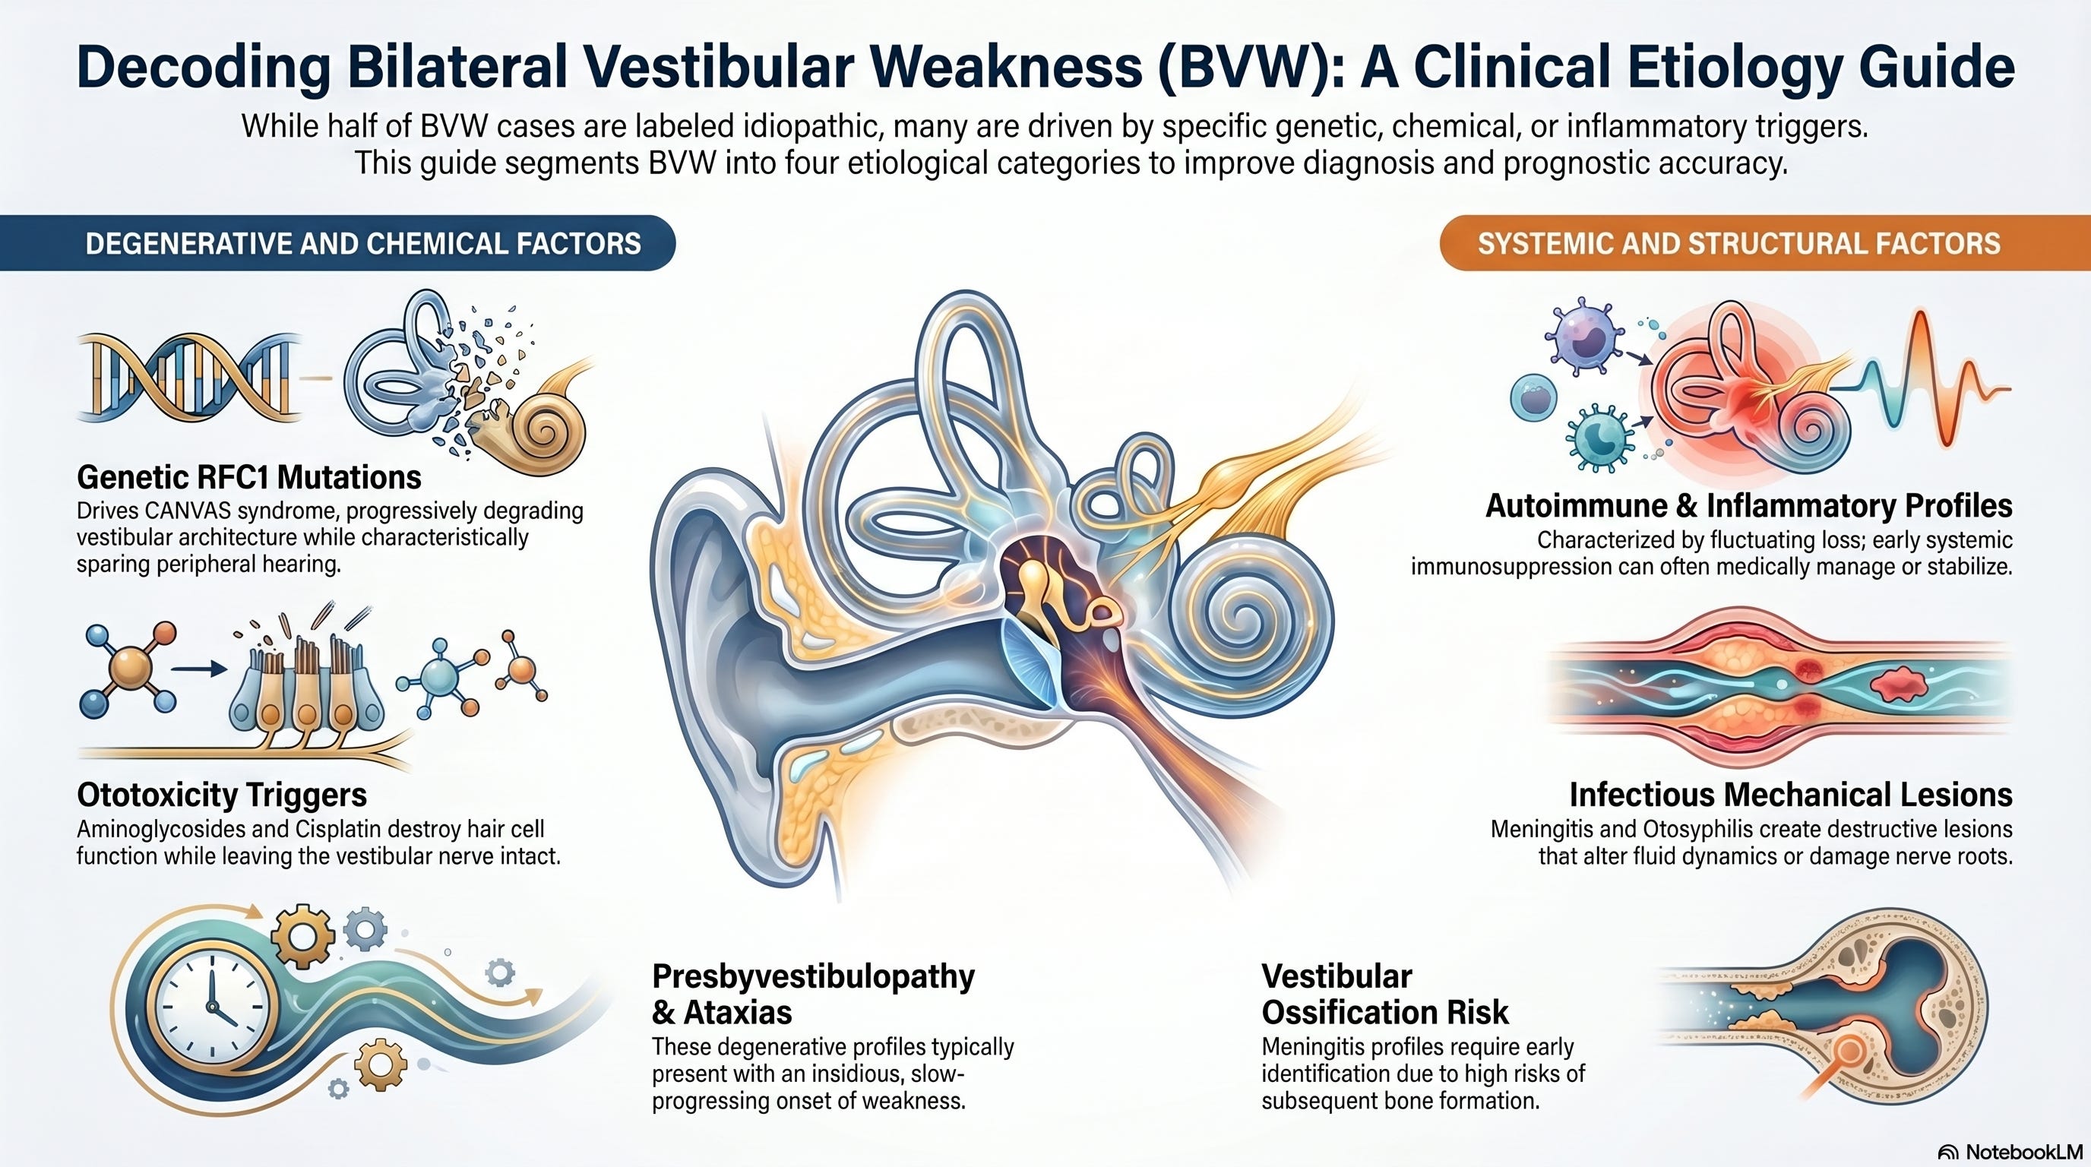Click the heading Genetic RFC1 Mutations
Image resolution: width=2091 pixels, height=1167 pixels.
click(x=249, y=477)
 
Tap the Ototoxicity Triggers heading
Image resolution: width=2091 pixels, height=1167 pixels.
click(x=222, y=795)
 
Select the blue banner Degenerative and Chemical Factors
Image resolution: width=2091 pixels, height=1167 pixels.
click(x=337, y=243)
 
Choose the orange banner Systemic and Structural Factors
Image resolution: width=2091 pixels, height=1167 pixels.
click(x=1765, y=243)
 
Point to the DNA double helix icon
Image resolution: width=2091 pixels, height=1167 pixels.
click(x=188, y=379)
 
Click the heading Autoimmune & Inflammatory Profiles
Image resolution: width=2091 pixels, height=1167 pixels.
click(x=1748, y=505)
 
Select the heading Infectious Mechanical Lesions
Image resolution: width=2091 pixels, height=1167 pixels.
click(x=1791, y=794)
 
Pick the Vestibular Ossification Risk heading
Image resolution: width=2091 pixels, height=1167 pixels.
click(x=1385, y=994)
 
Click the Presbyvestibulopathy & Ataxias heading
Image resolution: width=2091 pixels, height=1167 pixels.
click(x=813, y=994)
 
